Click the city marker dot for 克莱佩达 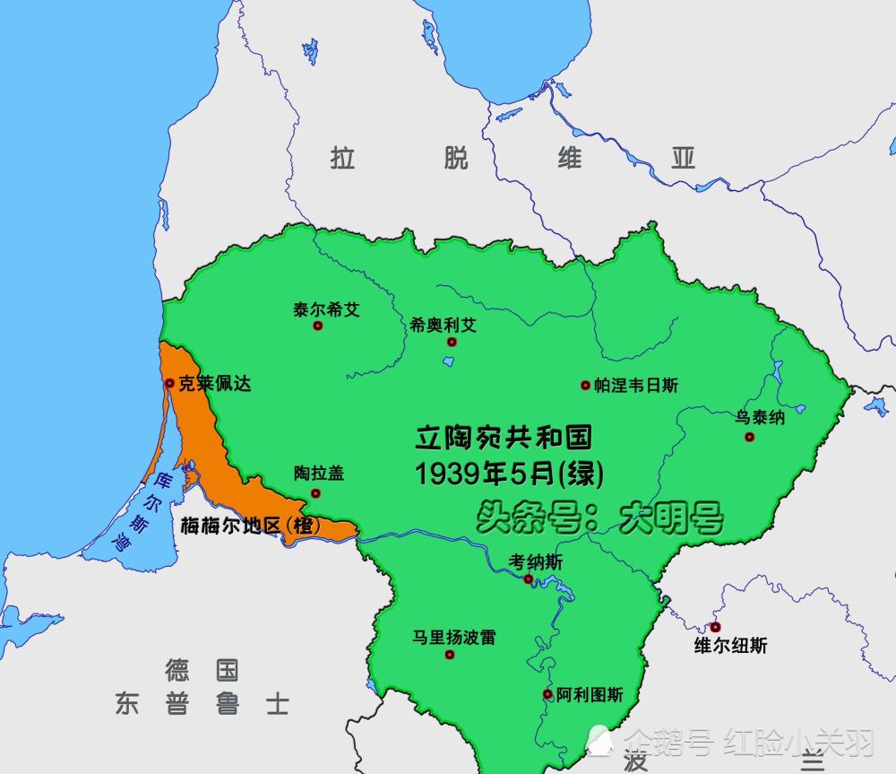169,383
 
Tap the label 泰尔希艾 326,309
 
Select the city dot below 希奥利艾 452,342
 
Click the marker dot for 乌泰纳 749,437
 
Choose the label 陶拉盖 319,474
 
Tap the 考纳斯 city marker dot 529,579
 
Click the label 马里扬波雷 454,638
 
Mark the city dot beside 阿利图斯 547,694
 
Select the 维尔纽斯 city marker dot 715,627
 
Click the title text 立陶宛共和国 504,439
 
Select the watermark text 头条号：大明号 599,518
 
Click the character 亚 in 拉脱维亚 684,159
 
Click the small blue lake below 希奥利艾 447,361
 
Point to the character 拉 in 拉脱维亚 342,159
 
